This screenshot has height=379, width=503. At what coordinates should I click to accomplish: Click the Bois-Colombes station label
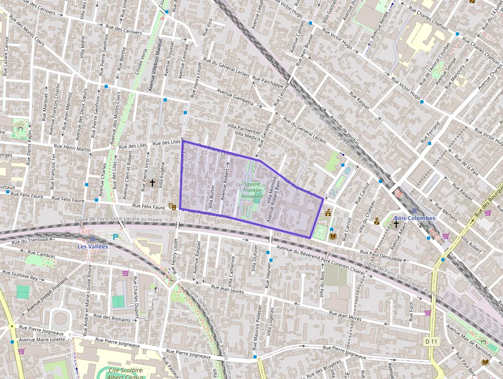(414, 218)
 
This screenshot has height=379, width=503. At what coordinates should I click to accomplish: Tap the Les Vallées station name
(92, 246)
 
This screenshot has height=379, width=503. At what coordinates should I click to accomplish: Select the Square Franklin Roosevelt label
(252, 190)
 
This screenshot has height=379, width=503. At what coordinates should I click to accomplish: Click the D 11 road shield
(431, 341)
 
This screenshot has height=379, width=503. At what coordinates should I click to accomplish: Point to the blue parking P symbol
(115, 237)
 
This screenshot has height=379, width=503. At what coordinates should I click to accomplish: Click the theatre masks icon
(172, 206)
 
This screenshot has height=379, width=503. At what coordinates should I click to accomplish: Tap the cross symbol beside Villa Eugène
(152, 183)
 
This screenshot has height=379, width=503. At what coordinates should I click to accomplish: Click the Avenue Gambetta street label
(235, 97)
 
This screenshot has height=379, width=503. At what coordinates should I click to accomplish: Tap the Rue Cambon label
(41, 254)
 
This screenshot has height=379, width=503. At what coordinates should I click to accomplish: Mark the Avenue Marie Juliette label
(42, 339)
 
